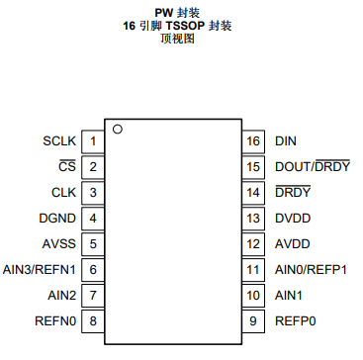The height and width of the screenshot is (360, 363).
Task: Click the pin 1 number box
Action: tap(93, 141)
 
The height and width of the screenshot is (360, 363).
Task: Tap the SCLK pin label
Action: tap(58, 141)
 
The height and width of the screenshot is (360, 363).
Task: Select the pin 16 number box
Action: tap(252, 141)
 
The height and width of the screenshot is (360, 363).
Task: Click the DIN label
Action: tap(286, 141)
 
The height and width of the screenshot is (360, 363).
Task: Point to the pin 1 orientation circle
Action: tap(117, 129)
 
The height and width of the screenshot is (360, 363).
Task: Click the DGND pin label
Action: tap(57, 218)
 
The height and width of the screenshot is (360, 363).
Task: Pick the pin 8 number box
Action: tap(93, 319)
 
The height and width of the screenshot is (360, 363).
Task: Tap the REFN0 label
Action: tap(55, 319)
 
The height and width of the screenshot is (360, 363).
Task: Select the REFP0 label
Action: tap(296, 319)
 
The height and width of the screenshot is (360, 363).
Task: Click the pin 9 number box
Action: tap(252, 319)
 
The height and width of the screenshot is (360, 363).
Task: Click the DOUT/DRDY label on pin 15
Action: tap(312, 167)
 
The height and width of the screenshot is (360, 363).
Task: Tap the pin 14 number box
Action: tap(252, 192)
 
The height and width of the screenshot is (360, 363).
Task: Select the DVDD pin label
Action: tap(292, 218)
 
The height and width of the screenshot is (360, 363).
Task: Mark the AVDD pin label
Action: tap(292, 243)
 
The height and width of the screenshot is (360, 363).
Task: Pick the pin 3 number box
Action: tap(93, 192)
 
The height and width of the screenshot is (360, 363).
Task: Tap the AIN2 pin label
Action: tap(61, 295)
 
